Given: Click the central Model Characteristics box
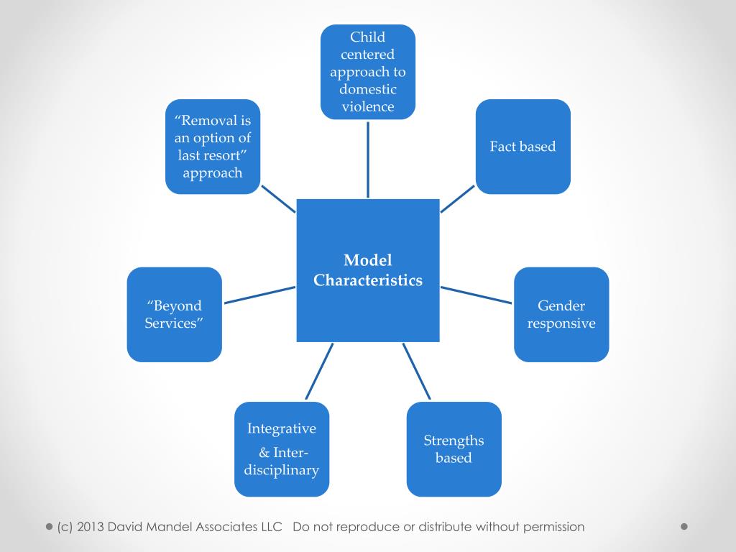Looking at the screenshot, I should click(x=368, y=270).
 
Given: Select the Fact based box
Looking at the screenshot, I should click(x=523, y=147).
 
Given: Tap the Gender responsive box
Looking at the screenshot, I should click(x=561, y=315).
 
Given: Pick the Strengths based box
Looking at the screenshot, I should click(x=454, y=449).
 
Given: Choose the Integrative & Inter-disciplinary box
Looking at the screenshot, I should click(x=282, y=449).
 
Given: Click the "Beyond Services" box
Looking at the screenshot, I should click(x=174, y=315).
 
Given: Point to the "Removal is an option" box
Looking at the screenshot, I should click(x=213, y=147).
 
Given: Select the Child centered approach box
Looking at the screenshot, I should click(x=368, y=72).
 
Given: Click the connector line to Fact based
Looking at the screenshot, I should click(x=458, y=199).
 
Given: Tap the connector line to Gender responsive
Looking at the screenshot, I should click(x=477, y=295).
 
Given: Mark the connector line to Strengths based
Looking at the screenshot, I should click(x=417, y=371).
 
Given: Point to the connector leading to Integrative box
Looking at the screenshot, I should click(x=319, y=371).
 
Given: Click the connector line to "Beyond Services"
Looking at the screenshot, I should click(x=259, y=295).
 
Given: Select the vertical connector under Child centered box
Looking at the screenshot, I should click(x=368, y=159).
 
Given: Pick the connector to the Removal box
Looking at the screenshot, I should click(x=277, y=199).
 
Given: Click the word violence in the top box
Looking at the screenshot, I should click(x=368, y=107).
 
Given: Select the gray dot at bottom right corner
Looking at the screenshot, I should click(x=684, y=526).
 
